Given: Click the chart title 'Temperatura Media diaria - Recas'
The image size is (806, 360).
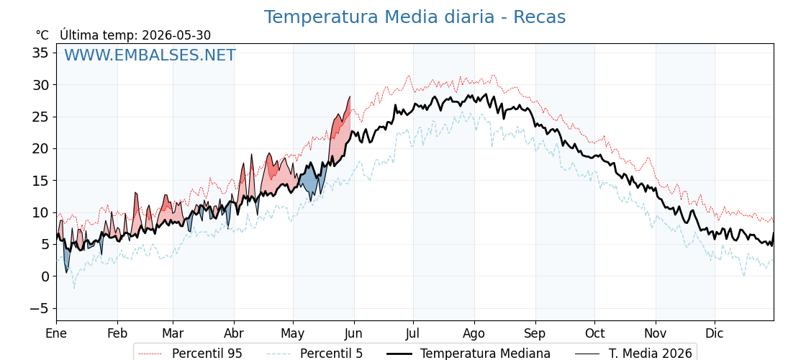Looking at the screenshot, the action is (415, 17).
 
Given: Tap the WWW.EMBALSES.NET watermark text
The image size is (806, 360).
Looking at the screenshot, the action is (150, 55).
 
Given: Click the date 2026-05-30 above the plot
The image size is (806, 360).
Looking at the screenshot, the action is (176, 35).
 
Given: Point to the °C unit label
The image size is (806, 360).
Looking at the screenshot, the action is (42, 35).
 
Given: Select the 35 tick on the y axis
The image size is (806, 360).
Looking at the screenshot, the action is (40, 53).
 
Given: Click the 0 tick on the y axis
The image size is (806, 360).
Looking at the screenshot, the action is (45, 276).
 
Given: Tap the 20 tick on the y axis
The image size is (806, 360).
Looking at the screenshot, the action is (40, 148).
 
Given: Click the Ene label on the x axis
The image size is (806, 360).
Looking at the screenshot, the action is (56, 333).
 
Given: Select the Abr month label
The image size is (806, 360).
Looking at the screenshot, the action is (234, 333).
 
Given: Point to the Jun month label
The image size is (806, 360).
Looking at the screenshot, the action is (353, 333).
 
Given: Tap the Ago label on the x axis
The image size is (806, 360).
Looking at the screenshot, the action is (474, 333).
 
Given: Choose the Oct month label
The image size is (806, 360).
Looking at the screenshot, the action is (594, 333).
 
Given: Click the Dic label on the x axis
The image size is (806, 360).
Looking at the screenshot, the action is (715, 333).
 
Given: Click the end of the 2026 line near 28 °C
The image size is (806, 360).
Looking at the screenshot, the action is (350, 96).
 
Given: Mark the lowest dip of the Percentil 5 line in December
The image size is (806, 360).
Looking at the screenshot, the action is (743, 276).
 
